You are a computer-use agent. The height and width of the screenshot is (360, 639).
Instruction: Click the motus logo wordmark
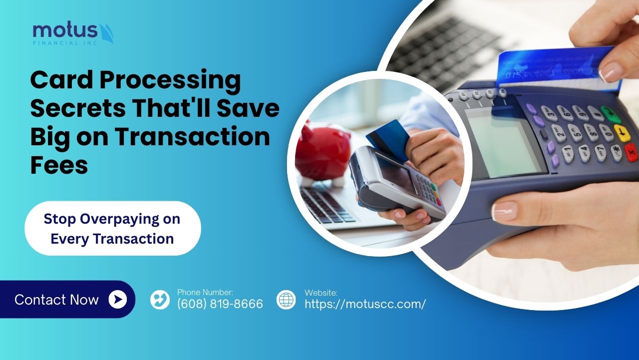tap(65, 30)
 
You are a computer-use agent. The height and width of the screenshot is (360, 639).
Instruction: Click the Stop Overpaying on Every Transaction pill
tap(113, 228)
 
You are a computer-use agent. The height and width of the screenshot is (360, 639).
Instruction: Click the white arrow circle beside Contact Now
tap(117, 299)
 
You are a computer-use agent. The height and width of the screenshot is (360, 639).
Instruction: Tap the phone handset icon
tap(160, 300)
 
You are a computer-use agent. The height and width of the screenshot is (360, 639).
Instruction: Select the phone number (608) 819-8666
tap(220, 304)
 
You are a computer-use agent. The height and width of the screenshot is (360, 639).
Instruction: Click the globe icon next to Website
tap(286, 300)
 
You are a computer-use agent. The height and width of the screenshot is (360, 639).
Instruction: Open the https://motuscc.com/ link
tap(365, 304)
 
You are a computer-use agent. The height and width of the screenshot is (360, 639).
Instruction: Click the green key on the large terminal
tap(611, 115)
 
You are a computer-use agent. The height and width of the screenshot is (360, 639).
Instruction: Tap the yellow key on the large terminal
tap(622, 133)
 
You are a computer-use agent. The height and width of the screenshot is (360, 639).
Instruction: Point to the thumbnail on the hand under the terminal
tap(505, 211)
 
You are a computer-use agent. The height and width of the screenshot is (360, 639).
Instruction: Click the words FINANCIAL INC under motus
tap(65, 43)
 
